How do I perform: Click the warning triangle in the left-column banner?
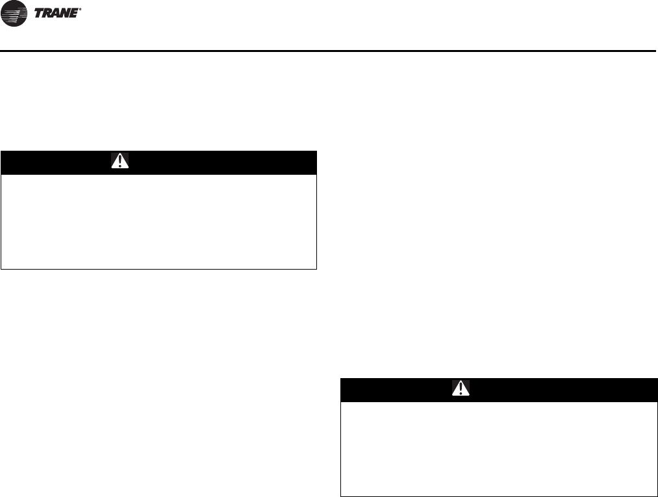[x=120, y=161]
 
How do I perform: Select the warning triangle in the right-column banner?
[x=460, y=389]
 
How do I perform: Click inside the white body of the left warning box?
[x=158, y=221]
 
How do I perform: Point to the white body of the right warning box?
[x=498, y=448]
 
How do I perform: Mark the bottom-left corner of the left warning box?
[x=1, y=268]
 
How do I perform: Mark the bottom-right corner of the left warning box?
[x=316, y=268]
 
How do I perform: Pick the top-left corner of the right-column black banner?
[x=342, y=379]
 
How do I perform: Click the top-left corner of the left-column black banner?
[x=1, y=151]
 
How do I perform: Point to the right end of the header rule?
[x=655, y=50]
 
